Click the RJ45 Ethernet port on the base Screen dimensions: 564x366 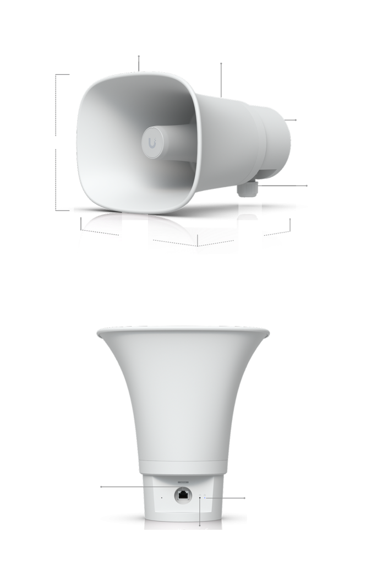coord(183,495)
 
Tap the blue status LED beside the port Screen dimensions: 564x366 coord(205,496)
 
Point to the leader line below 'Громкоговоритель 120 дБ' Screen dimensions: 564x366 coord(139,62)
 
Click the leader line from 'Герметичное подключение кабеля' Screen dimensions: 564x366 coord(281,186)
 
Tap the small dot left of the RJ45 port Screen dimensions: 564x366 coord(161,498)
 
